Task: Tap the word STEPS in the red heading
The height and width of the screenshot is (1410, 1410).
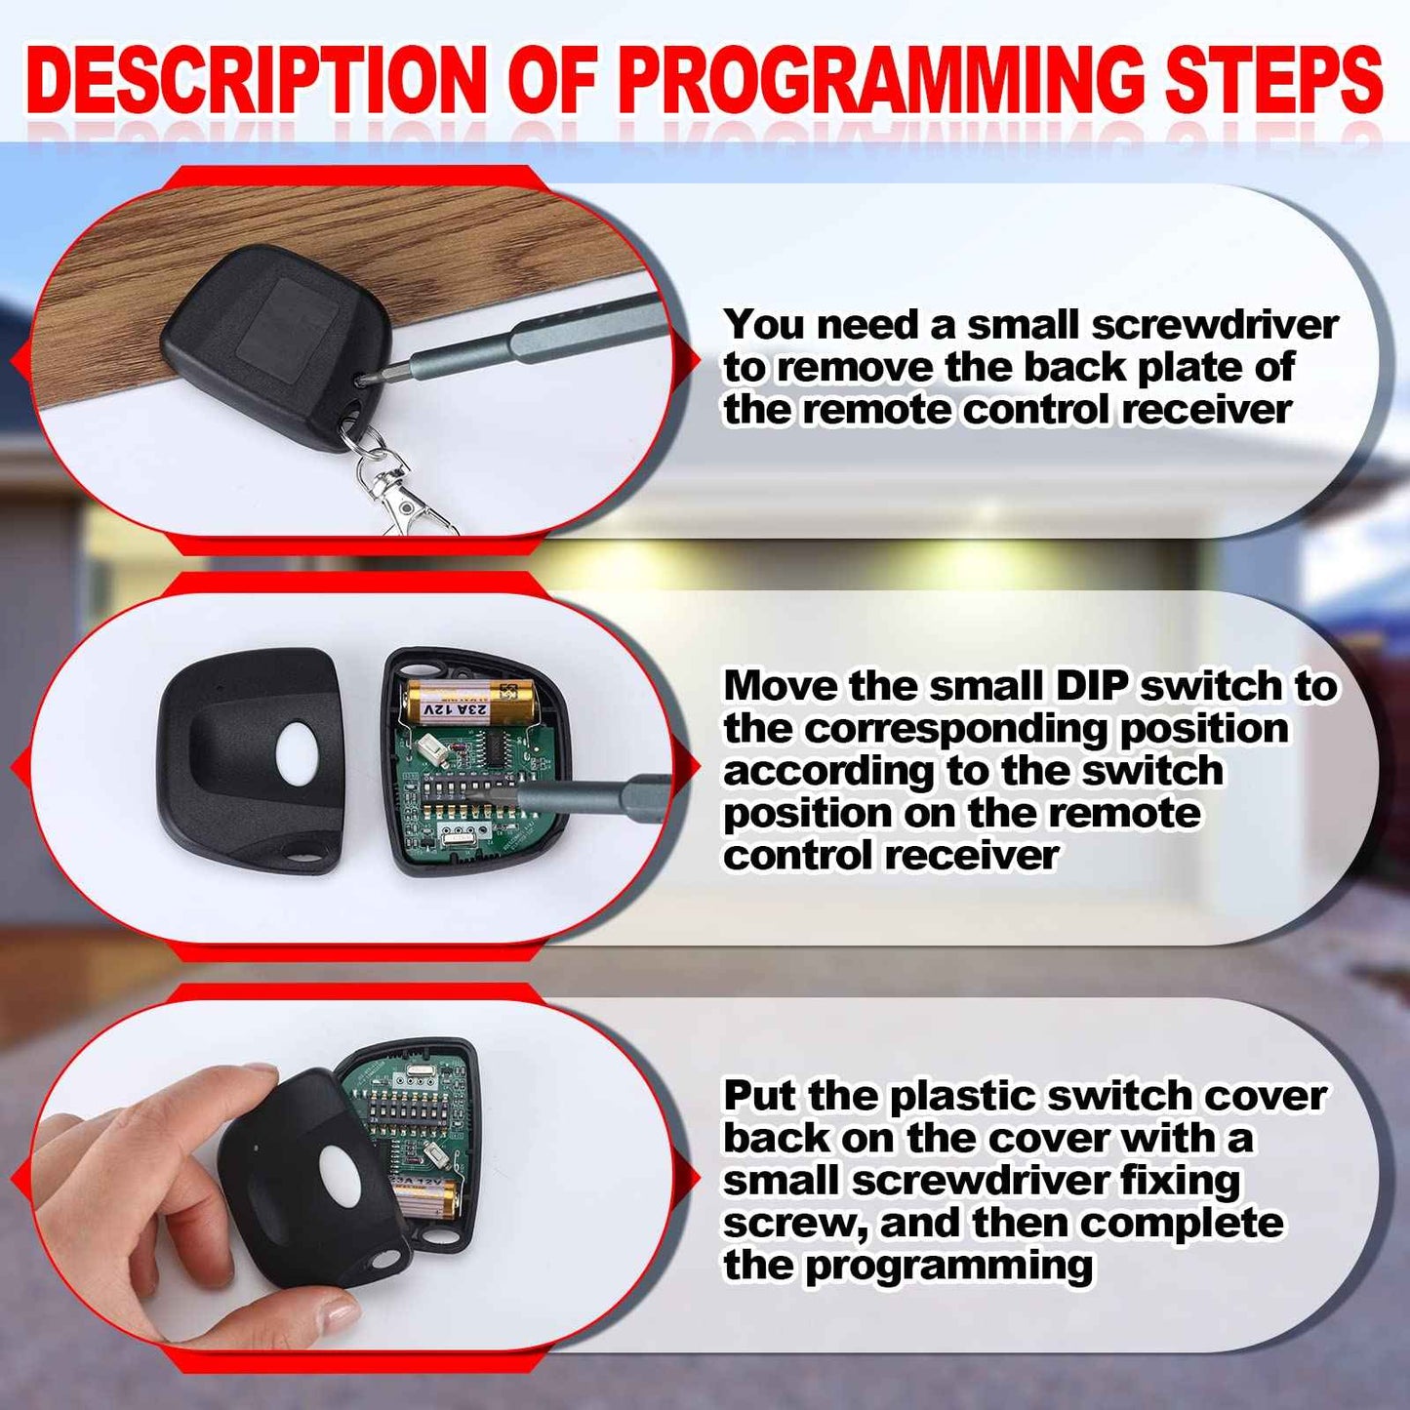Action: (x=1274, y=79)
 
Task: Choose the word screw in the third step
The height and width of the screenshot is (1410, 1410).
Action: (x=788, y=1224)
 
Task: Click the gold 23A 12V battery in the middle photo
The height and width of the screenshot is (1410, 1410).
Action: (x=466, y=702)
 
